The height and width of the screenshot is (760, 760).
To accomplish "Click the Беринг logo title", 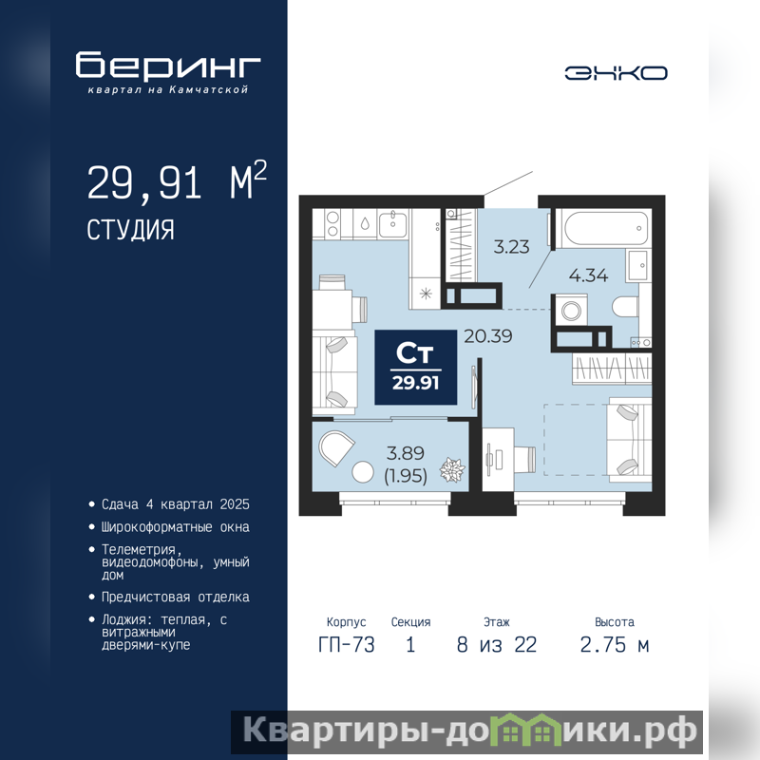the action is tap(168, 65).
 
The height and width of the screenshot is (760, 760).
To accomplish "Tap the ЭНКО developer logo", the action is tap(616, 73).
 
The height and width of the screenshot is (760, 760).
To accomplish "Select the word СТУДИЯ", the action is tap(130, 230).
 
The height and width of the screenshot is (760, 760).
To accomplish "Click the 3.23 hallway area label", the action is tap(511, 247).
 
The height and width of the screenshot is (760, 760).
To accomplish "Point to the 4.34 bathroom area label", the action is tap(588, 275).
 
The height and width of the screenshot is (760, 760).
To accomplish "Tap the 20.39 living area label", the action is tap(488, 336).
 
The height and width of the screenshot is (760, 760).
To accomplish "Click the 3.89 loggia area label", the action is tap(406, 453).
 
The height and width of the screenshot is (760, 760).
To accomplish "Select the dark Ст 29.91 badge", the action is tap(416, 368).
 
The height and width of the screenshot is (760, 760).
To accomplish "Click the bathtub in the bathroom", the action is tap(605, 228).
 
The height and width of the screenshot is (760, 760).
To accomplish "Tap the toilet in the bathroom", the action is tap(625, 306).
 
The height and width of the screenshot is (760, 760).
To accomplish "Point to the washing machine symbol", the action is tap(571, 311).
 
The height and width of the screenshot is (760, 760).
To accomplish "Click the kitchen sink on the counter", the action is tap(392, 224).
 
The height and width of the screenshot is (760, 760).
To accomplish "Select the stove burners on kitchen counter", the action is tap(332, 224).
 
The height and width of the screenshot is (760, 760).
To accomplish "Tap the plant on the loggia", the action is tap(452, 469).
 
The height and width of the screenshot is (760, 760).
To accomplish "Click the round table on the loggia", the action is tap(363, 472).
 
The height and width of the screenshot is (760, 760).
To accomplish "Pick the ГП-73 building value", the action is tap(347, 645).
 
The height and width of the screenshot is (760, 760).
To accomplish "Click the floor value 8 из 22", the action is tap(497, 645).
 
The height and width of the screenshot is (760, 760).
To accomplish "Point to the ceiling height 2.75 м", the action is tap(615, 645).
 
